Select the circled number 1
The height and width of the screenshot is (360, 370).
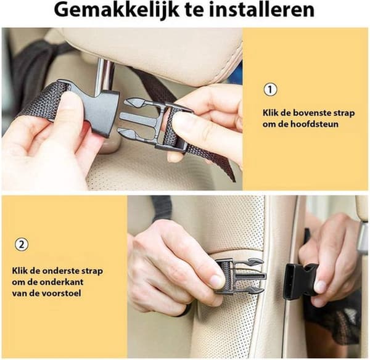click(x=270, y=89)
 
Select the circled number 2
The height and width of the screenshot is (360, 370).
click(x=22, y=244)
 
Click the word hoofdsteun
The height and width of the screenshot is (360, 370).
click(x=314, y=124)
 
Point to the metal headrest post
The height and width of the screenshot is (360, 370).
click(x=105, y=75)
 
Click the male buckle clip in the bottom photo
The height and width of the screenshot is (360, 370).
click(x=240, y=276)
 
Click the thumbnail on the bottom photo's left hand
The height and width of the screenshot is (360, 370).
click(x=216, y=281)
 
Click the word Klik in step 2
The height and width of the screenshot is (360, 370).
click(x=20, y=271)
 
